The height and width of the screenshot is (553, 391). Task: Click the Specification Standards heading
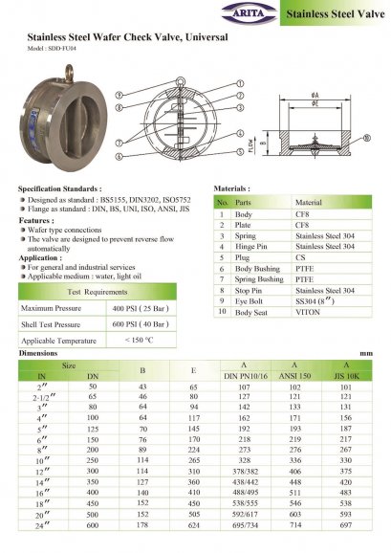(x=60, y=189)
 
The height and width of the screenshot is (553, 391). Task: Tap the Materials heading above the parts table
(x=232, y=189)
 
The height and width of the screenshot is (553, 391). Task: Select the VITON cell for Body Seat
(x=308, y=340)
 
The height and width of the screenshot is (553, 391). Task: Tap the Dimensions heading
(x=38, y=353)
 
